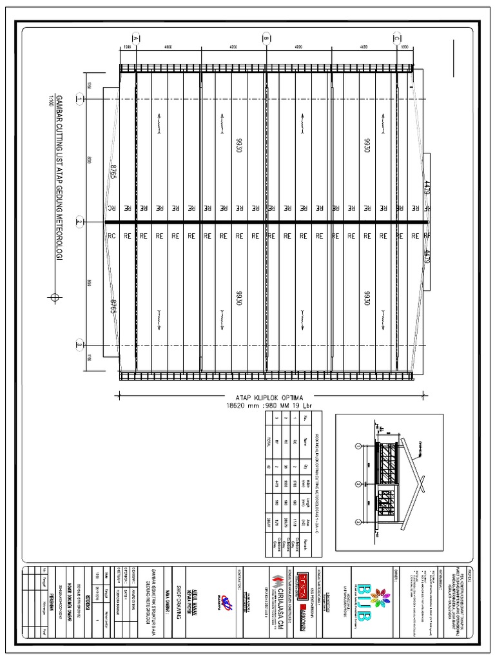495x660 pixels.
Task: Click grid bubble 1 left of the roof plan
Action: (x=79, y=99)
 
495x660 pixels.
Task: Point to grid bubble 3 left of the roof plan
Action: (x=79, y=344)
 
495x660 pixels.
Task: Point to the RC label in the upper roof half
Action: (x=110, y=208)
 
